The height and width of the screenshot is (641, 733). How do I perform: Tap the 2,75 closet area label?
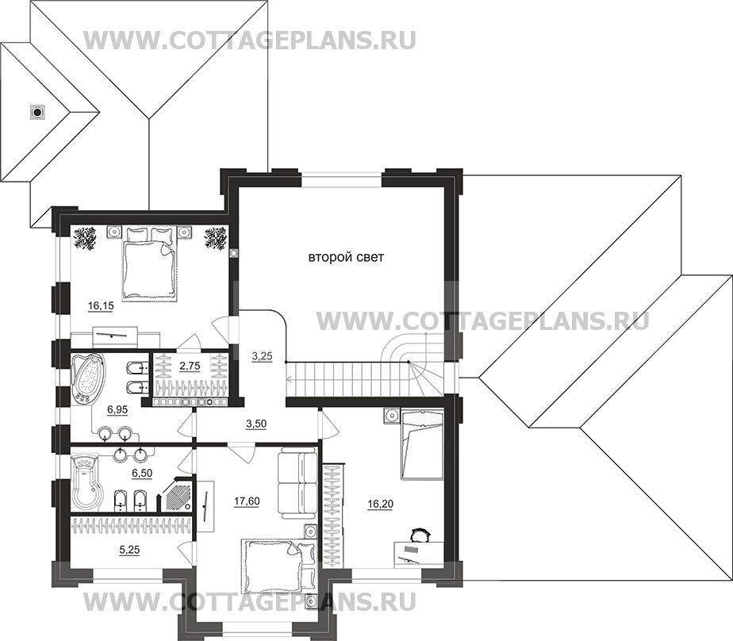190,366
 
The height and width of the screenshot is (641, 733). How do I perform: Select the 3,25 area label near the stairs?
263,355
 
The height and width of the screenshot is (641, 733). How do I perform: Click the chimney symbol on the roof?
36,112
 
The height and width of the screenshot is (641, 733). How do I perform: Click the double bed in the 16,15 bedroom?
148,265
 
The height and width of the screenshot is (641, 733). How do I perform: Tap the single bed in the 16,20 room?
420,445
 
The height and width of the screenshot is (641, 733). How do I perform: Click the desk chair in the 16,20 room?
419,535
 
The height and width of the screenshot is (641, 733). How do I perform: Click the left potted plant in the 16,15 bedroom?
85,237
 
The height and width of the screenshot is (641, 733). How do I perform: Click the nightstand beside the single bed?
390,415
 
